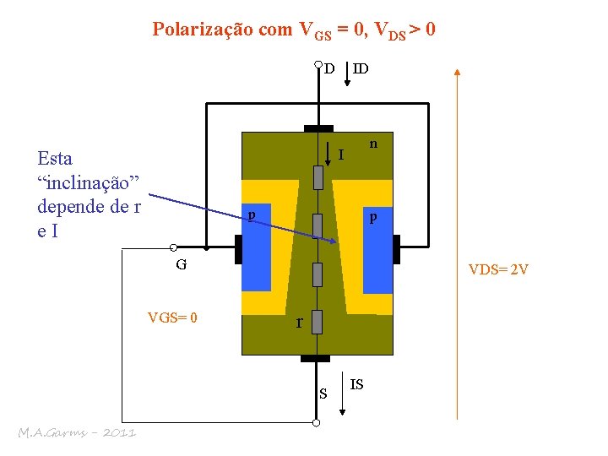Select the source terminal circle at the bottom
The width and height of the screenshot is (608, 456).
pos(317,422)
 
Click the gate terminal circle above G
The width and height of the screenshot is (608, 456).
pos(171,248)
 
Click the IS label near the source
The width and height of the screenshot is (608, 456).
pos(357,385)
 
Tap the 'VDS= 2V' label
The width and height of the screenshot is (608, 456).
pos(499,270)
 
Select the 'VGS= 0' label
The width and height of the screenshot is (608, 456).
pos(172,318)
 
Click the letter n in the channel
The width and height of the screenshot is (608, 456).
pos(372,144)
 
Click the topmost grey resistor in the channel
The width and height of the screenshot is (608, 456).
pos(318,177)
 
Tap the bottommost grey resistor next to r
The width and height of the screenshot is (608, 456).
pos(318,321)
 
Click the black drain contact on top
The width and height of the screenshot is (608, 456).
pos(318,128)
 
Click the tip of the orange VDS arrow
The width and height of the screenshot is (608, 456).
pos(457,71)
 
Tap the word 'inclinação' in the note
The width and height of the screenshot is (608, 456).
pos(90,182)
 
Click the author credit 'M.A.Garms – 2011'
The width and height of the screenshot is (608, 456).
pos(77,432)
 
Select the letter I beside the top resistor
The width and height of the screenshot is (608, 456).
pos(341,155)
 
